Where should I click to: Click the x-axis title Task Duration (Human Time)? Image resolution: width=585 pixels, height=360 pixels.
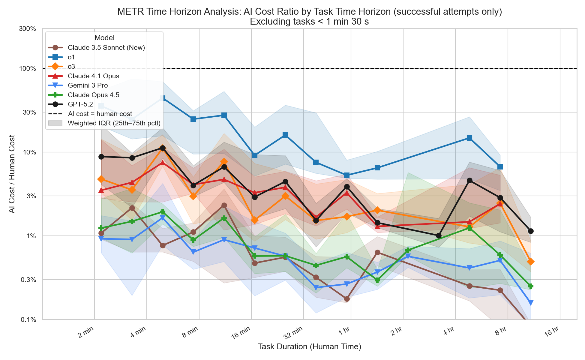coord(309,347)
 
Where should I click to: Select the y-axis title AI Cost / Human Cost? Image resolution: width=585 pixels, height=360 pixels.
coord(12,174)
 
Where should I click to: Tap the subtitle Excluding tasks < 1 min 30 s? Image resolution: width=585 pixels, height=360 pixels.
coord(309,22)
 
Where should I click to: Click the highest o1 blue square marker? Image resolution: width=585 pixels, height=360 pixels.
coord(163,98)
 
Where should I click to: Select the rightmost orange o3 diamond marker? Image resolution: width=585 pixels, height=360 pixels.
coord(530,262)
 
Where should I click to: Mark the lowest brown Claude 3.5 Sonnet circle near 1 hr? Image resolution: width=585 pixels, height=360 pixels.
coord(347,299)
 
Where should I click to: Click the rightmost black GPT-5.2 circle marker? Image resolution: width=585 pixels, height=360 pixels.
coord(530,231)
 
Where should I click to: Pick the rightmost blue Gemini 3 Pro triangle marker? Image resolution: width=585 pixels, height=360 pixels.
coord(530,303)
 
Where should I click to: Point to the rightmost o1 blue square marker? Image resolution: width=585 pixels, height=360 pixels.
coord(500,167)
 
